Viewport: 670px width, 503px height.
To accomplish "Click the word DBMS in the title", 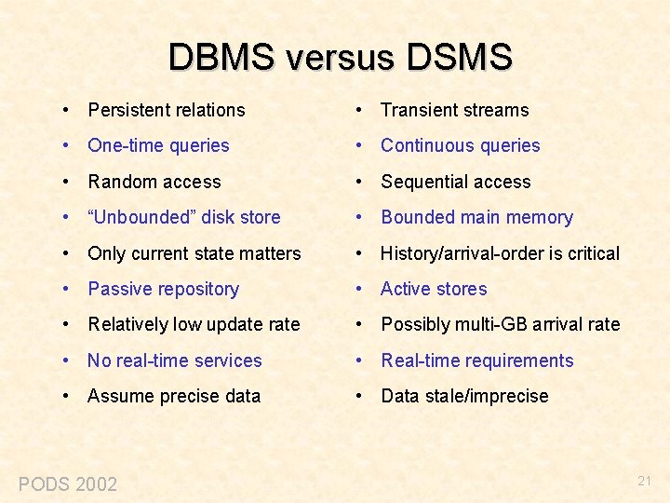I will coord(221,57).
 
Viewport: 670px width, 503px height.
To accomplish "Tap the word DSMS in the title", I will coord(459,57).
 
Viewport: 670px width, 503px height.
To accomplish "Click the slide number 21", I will coord(645,481).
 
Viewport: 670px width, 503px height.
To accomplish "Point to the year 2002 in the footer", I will coord(96,484).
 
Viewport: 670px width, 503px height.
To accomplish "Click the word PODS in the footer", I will coord(44,484).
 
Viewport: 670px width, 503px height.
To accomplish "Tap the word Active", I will coord(406,289).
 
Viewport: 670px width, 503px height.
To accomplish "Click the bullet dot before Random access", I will coord(68,182).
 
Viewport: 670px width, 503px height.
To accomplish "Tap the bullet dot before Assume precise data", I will coord(68,396).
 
